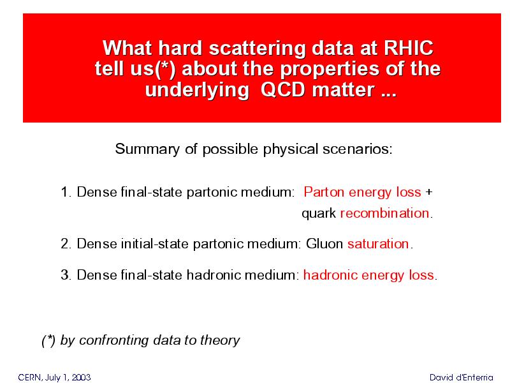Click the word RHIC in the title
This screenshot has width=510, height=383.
[409, 48]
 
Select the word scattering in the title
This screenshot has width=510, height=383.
[258, 49]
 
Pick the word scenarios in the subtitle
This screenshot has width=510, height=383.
[358, 149]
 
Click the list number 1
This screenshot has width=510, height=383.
[66, 191]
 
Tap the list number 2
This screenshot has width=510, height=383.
[66, 244]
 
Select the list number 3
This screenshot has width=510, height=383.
[66, 275]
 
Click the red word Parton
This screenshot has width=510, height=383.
[324, 191]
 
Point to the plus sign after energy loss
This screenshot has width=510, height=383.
[429, 191]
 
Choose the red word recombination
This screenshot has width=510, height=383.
[385, 213]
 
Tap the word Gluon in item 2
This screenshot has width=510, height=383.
[324, 244]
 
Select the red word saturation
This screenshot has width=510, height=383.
[378, 244]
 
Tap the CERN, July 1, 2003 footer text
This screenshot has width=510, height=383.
[54, 377]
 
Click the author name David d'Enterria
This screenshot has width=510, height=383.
[461, 377]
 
